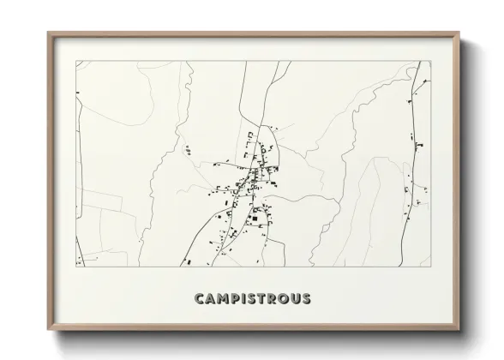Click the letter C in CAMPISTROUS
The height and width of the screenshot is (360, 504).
[x=201, y=299]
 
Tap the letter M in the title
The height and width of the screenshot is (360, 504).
[x=225, y=299]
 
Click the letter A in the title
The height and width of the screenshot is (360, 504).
[x=212, y=299]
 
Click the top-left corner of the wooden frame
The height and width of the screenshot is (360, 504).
[x=48, y=33]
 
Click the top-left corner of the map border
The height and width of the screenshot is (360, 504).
[x=76, y=61]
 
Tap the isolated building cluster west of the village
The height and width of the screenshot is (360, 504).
[x=187, y=151]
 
